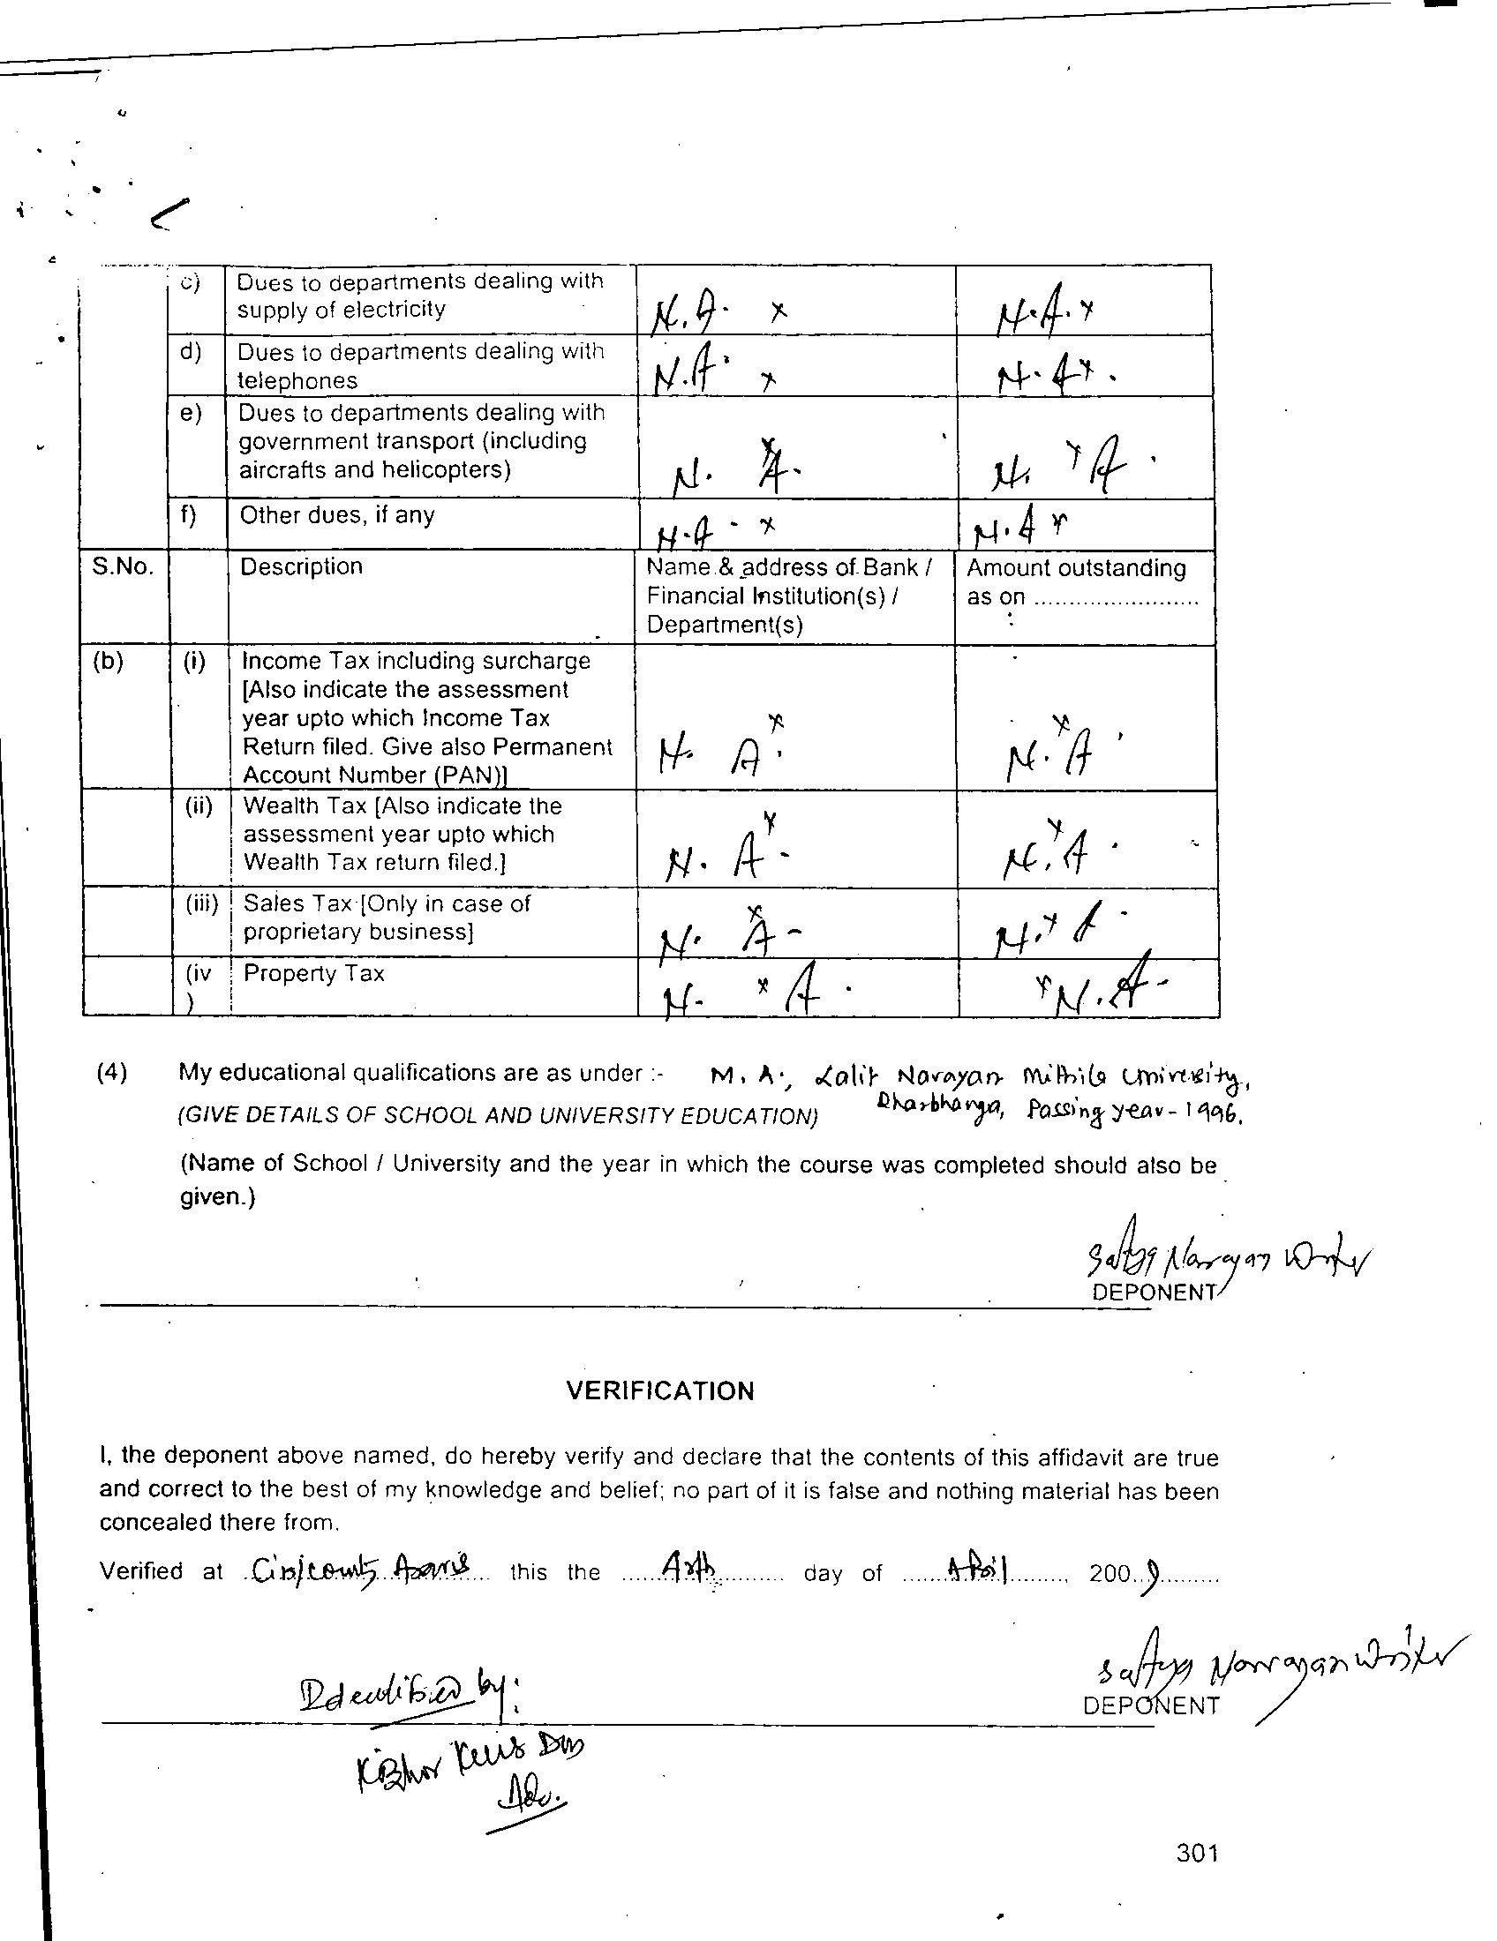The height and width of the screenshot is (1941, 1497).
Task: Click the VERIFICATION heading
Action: click(x=659, y=1390)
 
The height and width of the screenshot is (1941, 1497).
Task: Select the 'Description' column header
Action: click(x=301, y=567)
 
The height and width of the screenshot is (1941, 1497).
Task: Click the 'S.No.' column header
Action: click(x=123, y=567)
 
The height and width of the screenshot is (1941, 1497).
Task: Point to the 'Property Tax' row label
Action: click(x=314, y=974)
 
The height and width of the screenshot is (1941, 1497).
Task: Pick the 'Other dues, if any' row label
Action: click(x=337, y=515)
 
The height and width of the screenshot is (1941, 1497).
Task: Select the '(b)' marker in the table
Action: click(x=109, y=661)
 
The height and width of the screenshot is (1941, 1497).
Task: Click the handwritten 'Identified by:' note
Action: click(x=410, y=1693)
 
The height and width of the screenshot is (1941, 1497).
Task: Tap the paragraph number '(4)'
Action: click(x=111, y=1073)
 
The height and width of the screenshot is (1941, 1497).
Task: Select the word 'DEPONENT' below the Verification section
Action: click(x=1151, y=1705)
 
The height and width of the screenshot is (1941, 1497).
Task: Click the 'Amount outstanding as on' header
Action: click(x=1077, y=582)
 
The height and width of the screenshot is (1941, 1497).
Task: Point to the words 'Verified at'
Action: click(x=161, y=1572)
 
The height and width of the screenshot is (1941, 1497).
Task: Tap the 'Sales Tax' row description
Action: click(x=387, y=918)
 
